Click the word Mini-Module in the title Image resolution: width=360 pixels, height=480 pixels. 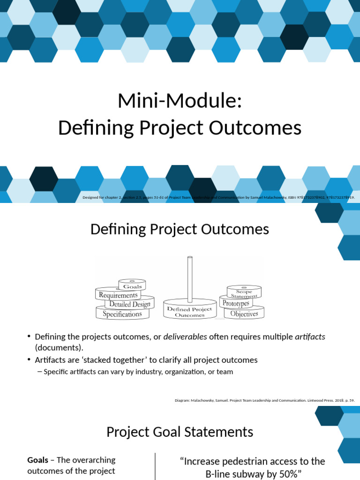click(x=180, y=101)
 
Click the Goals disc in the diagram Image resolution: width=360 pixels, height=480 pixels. click(x=132, y=285)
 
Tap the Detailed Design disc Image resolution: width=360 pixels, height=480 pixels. click(x=129, y=304)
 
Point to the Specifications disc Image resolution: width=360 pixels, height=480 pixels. click(x=122, y=314)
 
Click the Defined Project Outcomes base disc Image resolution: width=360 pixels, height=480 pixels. click(x=189, y=312)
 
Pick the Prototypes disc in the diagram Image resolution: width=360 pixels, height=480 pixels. click(x=236, y=303)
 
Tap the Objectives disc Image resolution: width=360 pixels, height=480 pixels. click(x=244, y=314)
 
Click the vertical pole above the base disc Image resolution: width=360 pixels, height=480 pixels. click(x=190, y=279)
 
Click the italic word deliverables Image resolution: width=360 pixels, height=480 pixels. click(x=185, y=337)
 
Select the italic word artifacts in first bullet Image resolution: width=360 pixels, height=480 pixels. click(x=310, y=337)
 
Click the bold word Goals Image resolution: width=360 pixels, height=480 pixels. click(x=37, y=460)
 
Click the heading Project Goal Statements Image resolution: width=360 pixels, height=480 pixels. click(x=180, y=432)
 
